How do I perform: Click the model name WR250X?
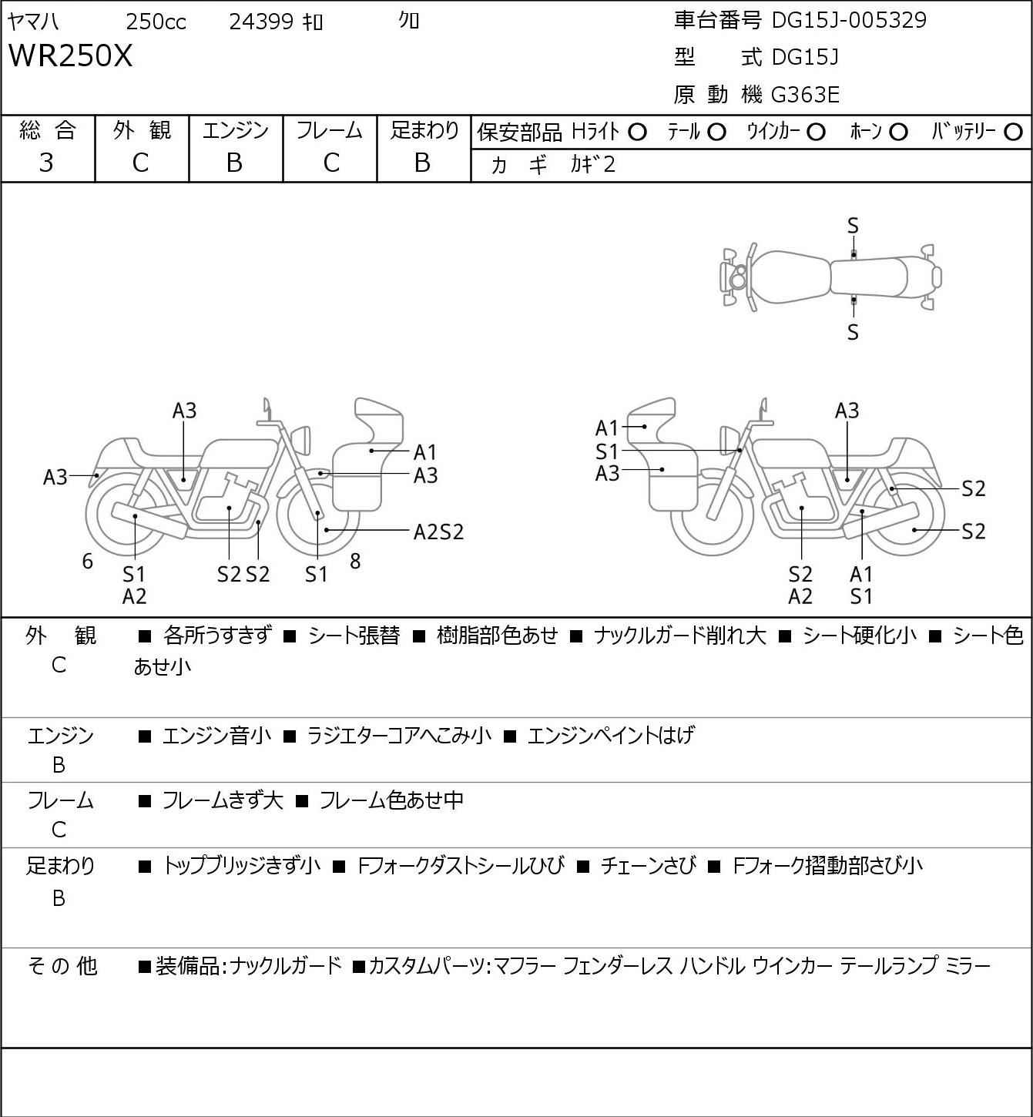[x=70, y=55]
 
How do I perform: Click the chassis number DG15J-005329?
[x=849, y=20]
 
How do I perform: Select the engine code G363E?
[x=805, y=95]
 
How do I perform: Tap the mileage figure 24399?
[x=261, y=22]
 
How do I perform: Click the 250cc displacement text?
[x=156, y=22]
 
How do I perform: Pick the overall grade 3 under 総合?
[x=46, y=163]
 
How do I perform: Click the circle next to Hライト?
[x=637, y=132]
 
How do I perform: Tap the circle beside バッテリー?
[x=1013, y=132]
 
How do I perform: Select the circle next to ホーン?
[x=898, y=132]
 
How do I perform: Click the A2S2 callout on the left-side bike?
[x=439, y=532]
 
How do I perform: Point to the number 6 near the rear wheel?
[x=87, y=561]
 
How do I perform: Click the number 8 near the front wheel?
[x=355, y=561]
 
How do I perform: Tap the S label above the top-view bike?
[x=853, y=226]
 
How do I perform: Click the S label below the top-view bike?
[x=853, y=332]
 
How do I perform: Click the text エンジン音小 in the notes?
[x=216, y=735]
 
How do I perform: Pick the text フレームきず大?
[x=223, y=800]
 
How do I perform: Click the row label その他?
[x=62, y=966]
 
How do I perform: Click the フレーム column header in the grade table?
[x=329, y=130]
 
